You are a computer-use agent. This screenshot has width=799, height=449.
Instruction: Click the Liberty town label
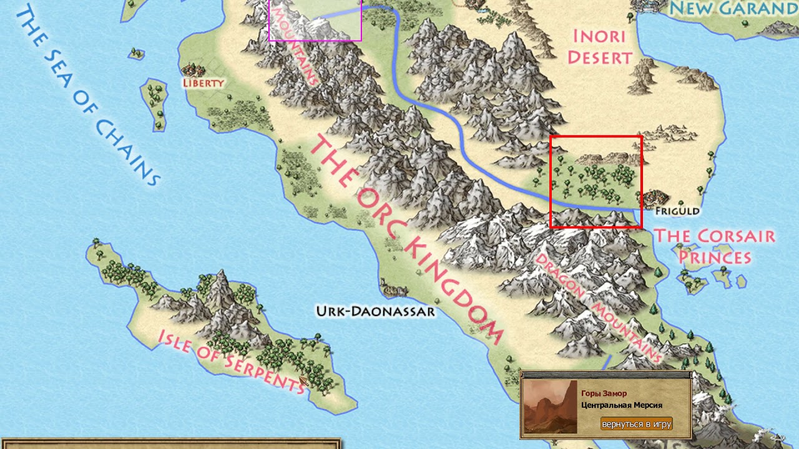point(203,82)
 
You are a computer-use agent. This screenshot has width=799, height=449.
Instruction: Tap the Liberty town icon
point(193,69)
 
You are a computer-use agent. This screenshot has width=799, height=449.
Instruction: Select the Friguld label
point(677,211)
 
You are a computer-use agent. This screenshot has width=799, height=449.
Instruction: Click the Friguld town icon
point(655,198)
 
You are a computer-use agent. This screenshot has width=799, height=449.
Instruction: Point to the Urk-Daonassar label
point(375,311)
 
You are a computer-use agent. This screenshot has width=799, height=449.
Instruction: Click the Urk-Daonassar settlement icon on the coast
point(393,289)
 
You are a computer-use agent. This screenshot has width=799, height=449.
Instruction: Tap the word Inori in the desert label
point(599,36)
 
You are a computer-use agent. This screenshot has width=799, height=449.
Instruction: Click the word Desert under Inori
point(599,58)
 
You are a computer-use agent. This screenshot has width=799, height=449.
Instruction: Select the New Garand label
point(733,8)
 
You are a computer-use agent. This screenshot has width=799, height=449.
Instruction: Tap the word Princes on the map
point(715,257)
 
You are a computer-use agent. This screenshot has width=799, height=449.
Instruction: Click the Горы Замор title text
point(604,393)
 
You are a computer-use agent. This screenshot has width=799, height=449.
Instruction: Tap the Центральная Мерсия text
point(621,405)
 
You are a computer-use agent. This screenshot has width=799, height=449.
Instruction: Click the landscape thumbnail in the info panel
point(550,407)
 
